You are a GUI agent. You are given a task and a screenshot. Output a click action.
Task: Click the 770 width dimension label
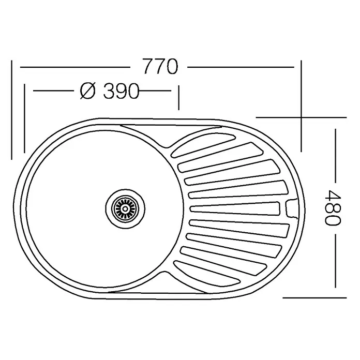[x=160, y=66]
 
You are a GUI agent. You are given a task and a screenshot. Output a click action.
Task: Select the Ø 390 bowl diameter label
[x=110, y=91]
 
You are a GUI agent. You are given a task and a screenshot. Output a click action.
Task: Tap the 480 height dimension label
[x=333, y=207]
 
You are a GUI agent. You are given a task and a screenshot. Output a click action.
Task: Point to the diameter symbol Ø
[x=87, y=91]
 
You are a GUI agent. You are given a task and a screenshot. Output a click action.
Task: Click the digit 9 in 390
[x=121, y=91]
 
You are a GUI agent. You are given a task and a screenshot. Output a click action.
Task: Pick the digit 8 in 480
[x=333, y=207]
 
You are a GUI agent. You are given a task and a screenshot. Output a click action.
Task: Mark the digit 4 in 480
[x=333, y=195]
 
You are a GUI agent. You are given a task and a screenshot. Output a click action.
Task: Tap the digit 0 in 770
[x=172, y=67]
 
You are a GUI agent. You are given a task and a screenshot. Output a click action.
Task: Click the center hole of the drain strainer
[x=125, y=208]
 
